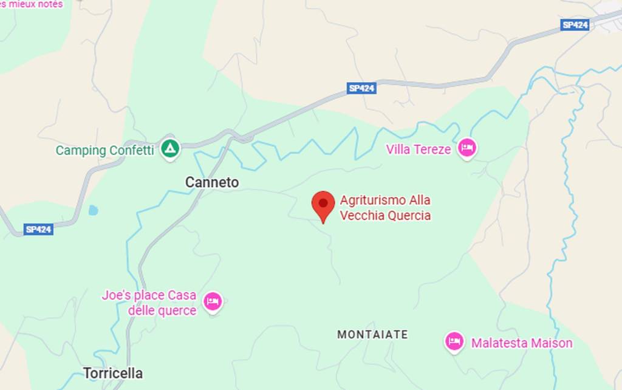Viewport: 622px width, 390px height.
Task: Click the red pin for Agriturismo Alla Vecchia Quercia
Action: pyautogui.click(x=323, y=204)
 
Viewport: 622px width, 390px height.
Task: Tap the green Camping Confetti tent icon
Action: pyautogui.click(x=170, y=148)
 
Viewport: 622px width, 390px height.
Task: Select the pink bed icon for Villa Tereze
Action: pyautogui.click(x=466, y=148)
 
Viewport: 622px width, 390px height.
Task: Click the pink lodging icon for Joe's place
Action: pyautogui.click(x=213, y=301)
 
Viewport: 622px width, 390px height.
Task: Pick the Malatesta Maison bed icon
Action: pyautogui.click(x=454, y=341)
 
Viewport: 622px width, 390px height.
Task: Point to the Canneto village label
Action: pyautogui.click(x=212, y=182)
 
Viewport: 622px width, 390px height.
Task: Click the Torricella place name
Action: pyautogui.click(x=113, y=373)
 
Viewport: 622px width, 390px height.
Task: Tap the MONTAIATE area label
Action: pyautogui.click(x=372, y=335)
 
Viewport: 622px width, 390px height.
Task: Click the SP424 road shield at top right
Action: pyautogui.click(x=575, y=25)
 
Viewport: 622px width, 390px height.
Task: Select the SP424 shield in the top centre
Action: pyautogui.click(x=362, y=88)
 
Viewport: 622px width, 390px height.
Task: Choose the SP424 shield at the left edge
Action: pyautogui.click(x=39, y=229)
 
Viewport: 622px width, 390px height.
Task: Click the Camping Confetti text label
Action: pyautogui.click(x=104, y=150)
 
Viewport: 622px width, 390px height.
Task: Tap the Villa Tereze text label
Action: pyautogui.click(x=419, y=149)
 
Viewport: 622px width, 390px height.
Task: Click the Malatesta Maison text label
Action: pyautogui.click(x=522, y=343)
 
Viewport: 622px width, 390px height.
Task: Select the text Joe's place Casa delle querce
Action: pyautogui.click(x=149, y=303)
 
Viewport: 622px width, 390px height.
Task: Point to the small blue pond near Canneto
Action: pyautogui.click(x=92, y=210)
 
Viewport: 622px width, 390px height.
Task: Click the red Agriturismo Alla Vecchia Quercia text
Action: pyautogui.click(x=385, y=208)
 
